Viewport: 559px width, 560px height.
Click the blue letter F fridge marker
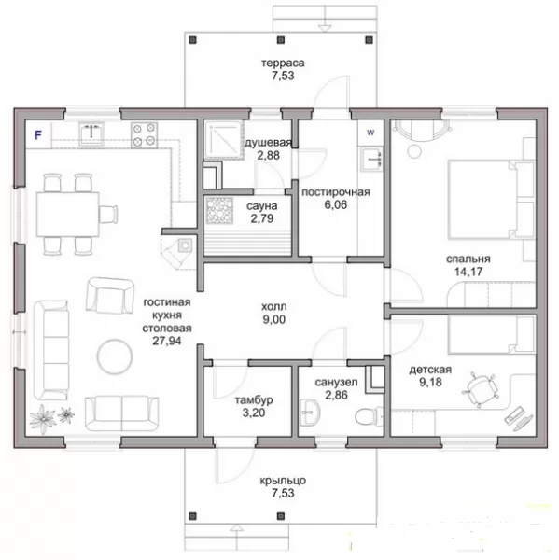click(x=38, y=135)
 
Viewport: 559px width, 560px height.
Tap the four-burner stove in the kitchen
click(x=144, y=134)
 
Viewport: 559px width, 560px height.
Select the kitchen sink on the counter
click(x=91, y=133)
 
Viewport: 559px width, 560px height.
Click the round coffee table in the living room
click(x=114, y=357)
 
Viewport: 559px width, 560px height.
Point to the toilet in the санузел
click(x=368, y=415)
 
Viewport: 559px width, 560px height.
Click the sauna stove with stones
click(x=219, y=211)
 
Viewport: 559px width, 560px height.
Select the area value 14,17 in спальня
click(x=468, y=272)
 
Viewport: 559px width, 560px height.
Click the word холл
click(x=274, y=307)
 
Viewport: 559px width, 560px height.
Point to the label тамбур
click(x=254, y=400)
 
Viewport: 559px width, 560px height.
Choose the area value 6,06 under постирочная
click(x=335, y=204)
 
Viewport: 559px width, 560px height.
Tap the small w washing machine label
click(x=370, y=133)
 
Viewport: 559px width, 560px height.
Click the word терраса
click(x=283, y=63)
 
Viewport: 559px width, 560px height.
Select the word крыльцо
click(x=283, y=481)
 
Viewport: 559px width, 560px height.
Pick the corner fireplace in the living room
click(x=178, y=251)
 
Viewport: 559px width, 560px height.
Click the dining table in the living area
click(x=68, y=214)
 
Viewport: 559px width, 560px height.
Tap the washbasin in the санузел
click(x=310, y=413)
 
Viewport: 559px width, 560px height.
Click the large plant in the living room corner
click(x=43, y=418)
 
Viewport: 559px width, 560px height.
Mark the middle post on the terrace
click(x=281, y=39)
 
